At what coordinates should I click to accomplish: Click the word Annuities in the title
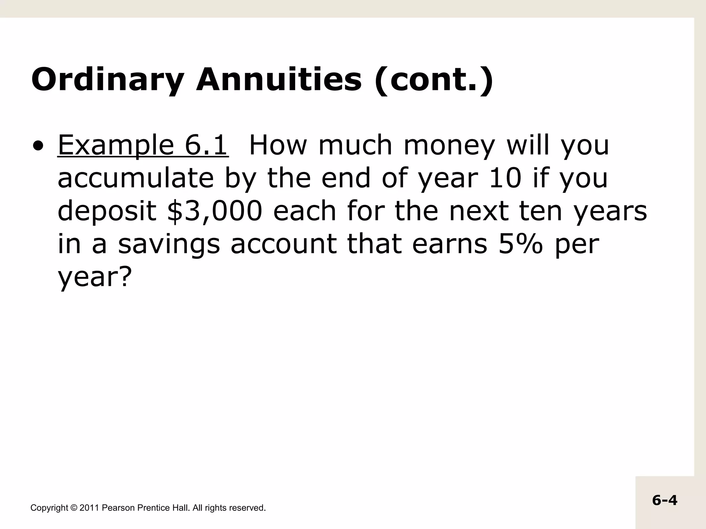pyautogui.click(x=279, y=80)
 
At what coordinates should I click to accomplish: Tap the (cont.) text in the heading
pyautogui.click(x=434, y=80)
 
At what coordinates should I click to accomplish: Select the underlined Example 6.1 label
pyautogui.click(x=143, y=145)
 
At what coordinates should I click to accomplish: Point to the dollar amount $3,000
pyautogui.click(x=214, y=211)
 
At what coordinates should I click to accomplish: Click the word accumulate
pyautogui.click(x=136, y=178)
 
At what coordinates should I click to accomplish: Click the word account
pyautogui.click(x=283, y=244)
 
